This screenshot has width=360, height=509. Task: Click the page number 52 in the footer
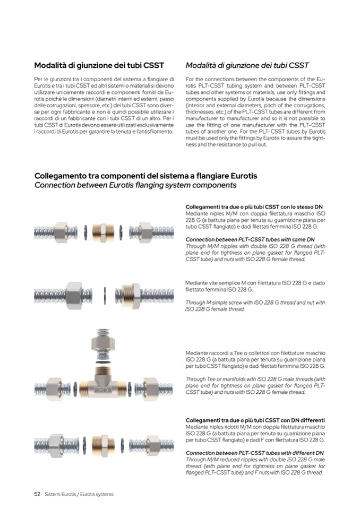pos(38,494)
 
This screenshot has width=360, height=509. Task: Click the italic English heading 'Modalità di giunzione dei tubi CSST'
pos(247,66)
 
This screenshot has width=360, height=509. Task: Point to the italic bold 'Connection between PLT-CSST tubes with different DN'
pos(255,452)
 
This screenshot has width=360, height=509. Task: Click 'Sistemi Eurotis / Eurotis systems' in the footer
pos(79,494)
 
